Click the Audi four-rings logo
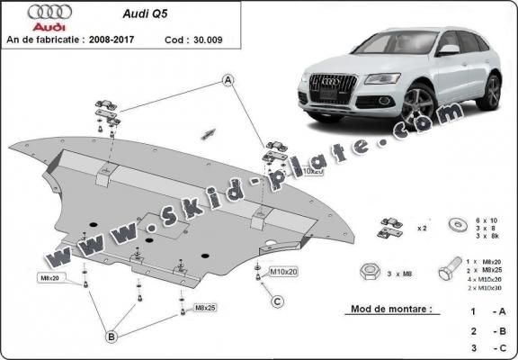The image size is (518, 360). [x=29, y=12]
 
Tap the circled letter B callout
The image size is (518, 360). [x=111, y=337]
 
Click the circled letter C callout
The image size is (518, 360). [x=278, y=301]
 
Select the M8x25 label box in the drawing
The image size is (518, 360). [x=206, y=309]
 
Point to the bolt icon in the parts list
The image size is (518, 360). [x=448, y=271]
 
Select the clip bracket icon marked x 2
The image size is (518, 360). [x=390, y=228]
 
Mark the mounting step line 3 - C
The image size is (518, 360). [x=486, y=347]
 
